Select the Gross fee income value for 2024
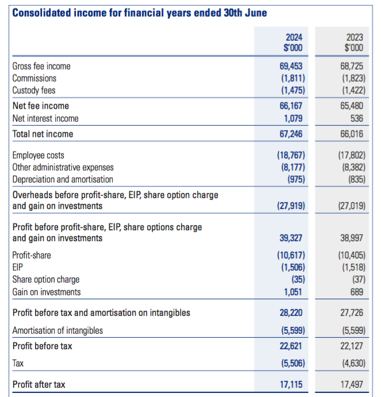pos(291,66)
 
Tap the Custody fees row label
pos(34,90)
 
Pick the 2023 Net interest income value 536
pos(357,118)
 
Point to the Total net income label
pos(43,134)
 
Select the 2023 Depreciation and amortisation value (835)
pos(357,179)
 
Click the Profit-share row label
pos(32,255)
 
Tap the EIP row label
pos(17,267)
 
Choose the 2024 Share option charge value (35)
pos(298,280)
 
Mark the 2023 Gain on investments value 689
pos(357,292)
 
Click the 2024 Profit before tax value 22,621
pos(291,346)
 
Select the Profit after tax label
pos(39,384)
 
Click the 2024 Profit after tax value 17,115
pos(291,384)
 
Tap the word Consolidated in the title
pos(41,13)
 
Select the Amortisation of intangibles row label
pos(57,331)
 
